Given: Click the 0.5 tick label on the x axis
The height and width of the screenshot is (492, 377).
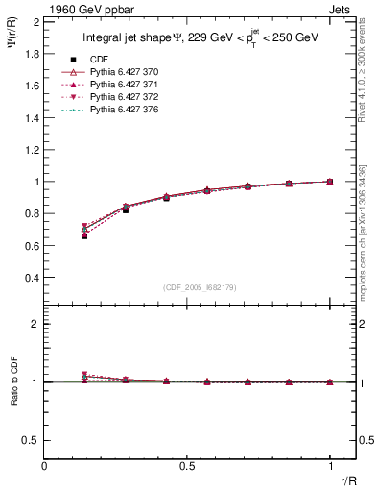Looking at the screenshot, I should (x=187, y=465).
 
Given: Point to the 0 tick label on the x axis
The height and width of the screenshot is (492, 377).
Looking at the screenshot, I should (x=44, y=465).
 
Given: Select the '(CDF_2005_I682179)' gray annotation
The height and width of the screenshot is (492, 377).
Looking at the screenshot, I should (x=187, y=287).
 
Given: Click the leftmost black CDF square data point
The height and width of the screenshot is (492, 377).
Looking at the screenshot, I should (x=84, y=235).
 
